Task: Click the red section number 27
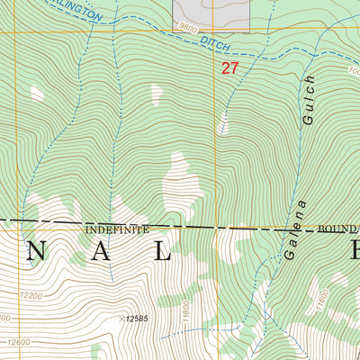(230, 67)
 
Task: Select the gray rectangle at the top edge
(210, 15)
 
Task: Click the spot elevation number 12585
(136, 318)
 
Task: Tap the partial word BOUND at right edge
(338, 229)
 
